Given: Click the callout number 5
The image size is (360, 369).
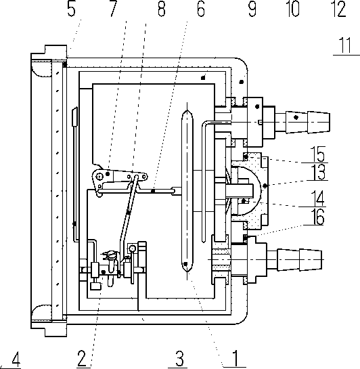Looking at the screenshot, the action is [x=71, y=9].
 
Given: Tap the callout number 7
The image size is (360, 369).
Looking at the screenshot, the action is [x=113, y=9].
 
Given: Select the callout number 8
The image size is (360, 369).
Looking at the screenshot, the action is [x=162, y=9].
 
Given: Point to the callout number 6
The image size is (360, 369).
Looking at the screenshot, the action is [x=200, y=9].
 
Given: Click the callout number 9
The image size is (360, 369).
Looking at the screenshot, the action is [x=252, y=9].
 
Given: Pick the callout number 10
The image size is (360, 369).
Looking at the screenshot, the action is [x=294, y=9].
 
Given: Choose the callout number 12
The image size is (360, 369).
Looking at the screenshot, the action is [x=338, y=9].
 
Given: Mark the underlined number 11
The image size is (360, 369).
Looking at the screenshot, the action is [x=345, y=45].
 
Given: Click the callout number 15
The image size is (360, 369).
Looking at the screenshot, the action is [x=318, y=154].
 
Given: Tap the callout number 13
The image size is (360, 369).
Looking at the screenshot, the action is [x=318, y=172].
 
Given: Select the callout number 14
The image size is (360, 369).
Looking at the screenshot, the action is [x=317, y=198].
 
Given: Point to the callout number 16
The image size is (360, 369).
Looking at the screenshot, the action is [x=317, y=217].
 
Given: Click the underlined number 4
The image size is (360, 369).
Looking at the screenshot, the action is [x=16, y=359].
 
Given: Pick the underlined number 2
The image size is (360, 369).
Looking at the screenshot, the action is [x=82, y=358].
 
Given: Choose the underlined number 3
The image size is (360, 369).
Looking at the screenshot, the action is [x=179, y=358].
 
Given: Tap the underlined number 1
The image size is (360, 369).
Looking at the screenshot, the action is [x=235, y=358].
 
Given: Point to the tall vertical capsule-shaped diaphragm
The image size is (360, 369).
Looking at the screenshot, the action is [x=187, y=191].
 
